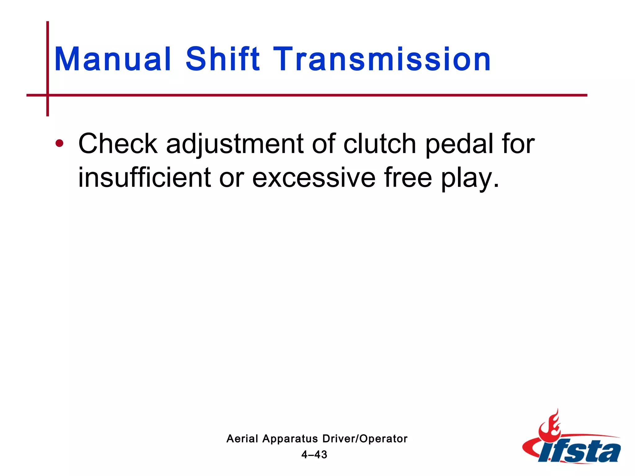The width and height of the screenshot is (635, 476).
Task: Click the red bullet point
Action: coord(59,143)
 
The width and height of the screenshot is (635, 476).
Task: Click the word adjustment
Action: coord(235,144)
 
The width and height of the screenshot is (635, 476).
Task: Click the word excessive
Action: coord(313,178)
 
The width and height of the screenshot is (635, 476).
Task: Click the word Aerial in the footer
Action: coord(242,439)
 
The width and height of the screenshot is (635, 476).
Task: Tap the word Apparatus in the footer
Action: coord(290,439)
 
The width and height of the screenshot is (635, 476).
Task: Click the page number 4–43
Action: coord(314,455)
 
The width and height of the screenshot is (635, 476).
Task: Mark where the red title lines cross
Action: coord(47,95)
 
